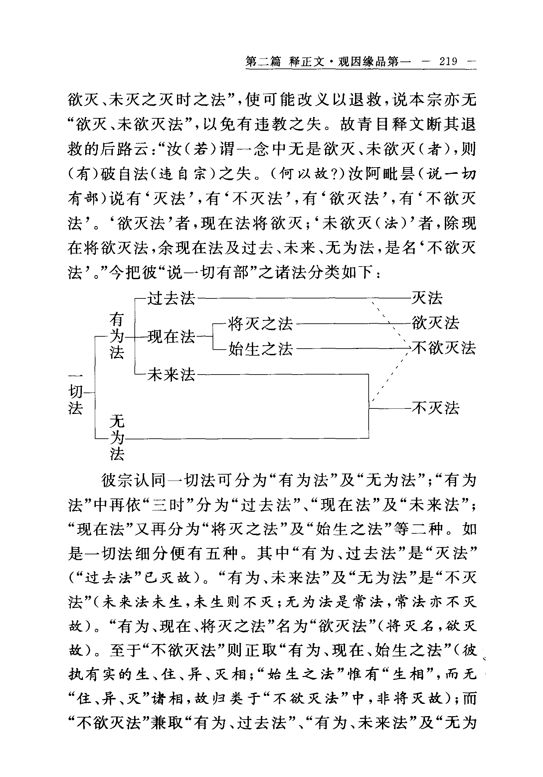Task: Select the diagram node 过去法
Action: [x=171, y=298]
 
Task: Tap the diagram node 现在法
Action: [x=171, y=337]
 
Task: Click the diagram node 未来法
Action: [x=171, y=375]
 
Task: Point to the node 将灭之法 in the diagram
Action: [x=260, y=324]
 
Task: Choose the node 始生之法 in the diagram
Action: [x=260, y=349]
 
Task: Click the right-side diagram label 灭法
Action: [x=427, y=298]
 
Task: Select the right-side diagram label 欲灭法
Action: [x=435, y=323]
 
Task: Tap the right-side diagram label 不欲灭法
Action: [x=444, y=348]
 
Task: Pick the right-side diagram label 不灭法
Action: [x=435, y=408]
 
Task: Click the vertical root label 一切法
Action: [x=76, y=392]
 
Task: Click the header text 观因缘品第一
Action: [x=374, y=61]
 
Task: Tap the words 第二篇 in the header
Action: [x=263, y=61]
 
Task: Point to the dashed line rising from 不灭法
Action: [x=390, y=376]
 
